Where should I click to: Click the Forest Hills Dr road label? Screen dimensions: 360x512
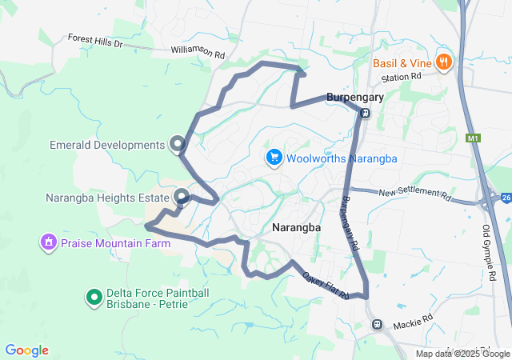(94, 39)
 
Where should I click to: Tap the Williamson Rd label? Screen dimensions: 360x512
(198, 51)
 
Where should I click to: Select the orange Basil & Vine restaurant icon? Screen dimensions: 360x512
(445, 62)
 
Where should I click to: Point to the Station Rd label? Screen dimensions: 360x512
(401, 77)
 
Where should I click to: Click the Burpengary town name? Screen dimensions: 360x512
(355, 98)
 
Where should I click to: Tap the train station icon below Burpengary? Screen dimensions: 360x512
(365, 113)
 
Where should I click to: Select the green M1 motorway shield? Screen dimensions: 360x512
(473, 138)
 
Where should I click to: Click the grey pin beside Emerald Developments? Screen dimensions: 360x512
(178, 144)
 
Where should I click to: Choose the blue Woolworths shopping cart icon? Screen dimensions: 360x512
(274, 158)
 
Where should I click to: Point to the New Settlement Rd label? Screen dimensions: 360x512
(414, 193)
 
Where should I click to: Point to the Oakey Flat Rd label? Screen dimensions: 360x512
(326, 286)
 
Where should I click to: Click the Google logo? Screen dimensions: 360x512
(26, 350)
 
